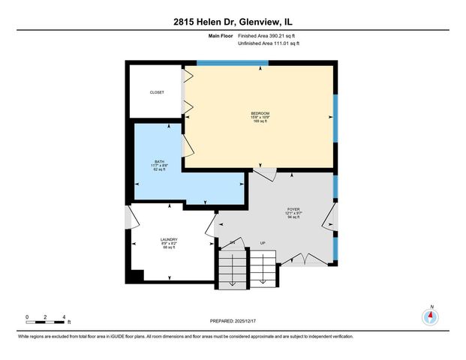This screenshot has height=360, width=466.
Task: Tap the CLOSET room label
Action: click(157, 92)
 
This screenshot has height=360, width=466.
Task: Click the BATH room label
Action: click(159, 161)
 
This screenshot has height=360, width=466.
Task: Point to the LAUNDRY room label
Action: click(168, 240)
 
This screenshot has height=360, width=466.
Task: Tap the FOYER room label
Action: click(293, 209)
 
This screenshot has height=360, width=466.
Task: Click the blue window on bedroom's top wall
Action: click(232, 63)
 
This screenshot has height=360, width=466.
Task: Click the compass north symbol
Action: click(431, 316)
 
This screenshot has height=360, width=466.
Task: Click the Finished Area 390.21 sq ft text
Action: click(269, 35)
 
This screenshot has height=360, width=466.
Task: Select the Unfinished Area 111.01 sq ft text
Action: click(269, 43)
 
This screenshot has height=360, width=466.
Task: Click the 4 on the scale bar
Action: click(65, 316)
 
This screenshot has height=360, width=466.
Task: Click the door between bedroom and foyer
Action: click(264, 175)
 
